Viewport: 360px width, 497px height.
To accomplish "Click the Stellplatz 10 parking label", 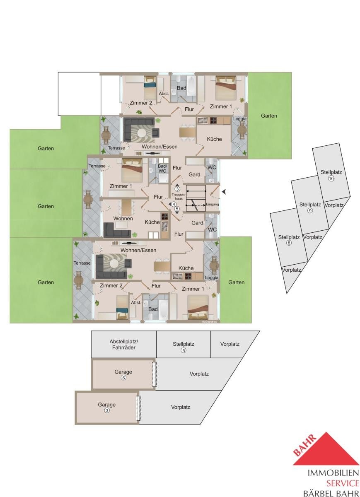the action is [x=331, y=175].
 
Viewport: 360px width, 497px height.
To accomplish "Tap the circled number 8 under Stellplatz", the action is [x=289, y=243].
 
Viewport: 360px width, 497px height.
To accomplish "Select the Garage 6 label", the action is [x=123, y=374].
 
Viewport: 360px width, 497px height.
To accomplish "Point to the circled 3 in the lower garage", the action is [x=107, y=410].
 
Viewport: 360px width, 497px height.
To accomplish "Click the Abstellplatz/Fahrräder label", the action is [x=123, y=345].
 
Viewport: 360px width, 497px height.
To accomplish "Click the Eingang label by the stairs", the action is [x=213, y=204].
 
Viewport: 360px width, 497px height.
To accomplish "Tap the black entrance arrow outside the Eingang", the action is [x=224, y=192].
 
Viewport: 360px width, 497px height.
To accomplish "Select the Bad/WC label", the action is [x=162, y=169].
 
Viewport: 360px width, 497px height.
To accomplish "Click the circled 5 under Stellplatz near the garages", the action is [x=184, y=350].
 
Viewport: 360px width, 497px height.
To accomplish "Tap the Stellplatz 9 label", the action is [x=310, y=207].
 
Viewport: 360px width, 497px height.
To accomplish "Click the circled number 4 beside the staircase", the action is [x=174, y=204].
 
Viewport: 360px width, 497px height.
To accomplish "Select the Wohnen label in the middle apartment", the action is [x=123, y=219].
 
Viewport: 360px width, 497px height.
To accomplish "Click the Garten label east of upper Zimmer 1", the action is [x=269, y=116].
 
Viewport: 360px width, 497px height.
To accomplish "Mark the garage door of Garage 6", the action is [x=154, y=374].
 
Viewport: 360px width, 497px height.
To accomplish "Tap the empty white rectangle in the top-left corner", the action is [x=79, y=94].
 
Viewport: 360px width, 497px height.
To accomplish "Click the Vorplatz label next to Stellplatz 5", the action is [x=230, y=344].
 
